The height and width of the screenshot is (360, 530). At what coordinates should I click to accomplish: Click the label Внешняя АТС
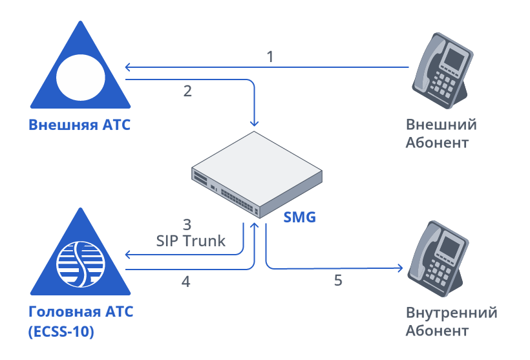point(79,124)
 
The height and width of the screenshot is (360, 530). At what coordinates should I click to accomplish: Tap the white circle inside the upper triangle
point(81,76)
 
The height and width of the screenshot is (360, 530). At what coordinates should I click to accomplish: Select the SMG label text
point(300,217)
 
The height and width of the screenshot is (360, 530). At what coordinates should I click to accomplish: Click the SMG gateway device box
point(256,175)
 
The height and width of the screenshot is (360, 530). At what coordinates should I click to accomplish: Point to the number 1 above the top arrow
point(270,56)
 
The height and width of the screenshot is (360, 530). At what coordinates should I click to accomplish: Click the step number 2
point(187,91)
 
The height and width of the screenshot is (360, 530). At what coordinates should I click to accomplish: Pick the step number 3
point(187,225)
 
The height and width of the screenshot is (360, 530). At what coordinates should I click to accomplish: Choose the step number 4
point(187,282)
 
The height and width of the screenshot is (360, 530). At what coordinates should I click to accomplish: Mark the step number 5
point(338,281)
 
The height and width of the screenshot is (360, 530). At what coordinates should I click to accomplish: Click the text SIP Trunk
point(191,241)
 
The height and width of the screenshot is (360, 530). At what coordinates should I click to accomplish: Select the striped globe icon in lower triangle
point(81,264)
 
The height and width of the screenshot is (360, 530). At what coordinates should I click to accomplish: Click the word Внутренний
point(451,313)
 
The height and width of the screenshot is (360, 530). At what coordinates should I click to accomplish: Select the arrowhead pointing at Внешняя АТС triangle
point(128,67)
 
